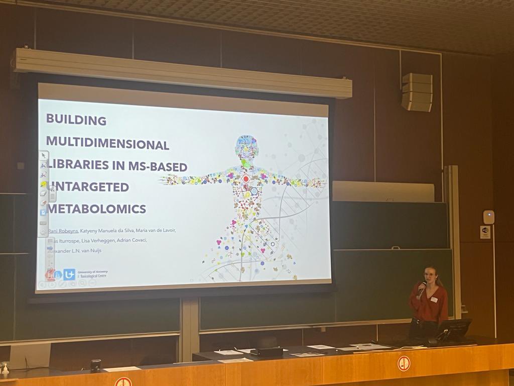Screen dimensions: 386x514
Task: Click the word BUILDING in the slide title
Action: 76,120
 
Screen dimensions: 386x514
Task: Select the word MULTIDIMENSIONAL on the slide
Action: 107,145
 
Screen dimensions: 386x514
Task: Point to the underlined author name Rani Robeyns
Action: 63,230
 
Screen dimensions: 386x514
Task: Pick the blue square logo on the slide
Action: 69,274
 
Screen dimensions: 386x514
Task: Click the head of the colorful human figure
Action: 246,146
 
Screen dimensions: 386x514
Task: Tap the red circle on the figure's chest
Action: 246,178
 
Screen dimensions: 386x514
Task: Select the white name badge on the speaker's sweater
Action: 434,300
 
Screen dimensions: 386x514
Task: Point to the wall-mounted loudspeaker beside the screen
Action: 417,92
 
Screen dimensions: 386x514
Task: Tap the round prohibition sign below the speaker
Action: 404,363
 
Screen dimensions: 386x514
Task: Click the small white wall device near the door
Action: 488,217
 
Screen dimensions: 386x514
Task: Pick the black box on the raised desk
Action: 267,351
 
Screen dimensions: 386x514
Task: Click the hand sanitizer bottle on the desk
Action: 5,370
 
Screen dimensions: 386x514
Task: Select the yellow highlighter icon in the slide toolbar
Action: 44,184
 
